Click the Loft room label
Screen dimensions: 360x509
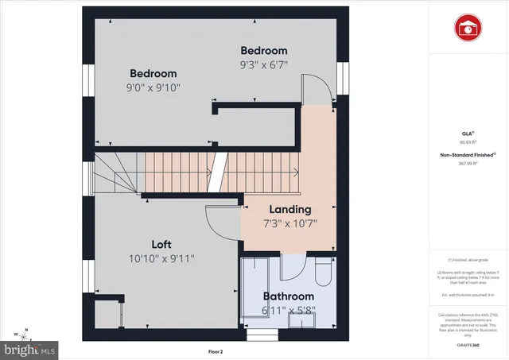pos(161,244)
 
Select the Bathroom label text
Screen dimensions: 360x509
pos(289,296)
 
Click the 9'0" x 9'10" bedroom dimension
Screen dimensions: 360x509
pos(153,87)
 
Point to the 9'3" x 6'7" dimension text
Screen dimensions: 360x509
pos(264,64)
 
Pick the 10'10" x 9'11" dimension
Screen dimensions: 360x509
pos(161,257)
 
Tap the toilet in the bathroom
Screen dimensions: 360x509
pos(324,272)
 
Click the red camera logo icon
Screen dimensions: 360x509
pos(467,29)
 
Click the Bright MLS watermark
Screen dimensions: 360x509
pos(30,349)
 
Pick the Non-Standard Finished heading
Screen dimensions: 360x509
pos(467,155)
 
